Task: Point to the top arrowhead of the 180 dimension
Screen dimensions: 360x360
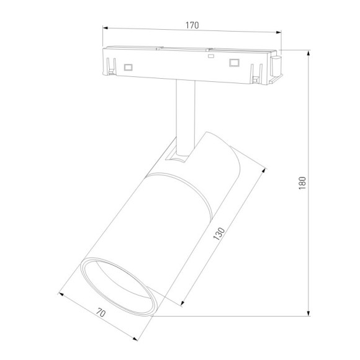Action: coord(308,54)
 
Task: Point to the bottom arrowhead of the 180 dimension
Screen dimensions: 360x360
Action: coord(308,315)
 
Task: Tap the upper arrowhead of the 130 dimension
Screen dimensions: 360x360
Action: coord(264,169)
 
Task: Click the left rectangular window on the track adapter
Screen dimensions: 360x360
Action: coord(128,66)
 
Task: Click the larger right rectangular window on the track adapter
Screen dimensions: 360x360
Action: coord(234,63)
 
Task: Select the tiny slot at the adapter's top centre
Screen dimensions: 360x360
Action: coord(211,56)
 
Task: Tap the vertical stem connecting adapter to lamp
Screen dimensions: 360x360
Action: coord(182,115)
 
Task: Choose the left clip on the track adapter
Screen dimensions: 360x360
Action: coord(112,66)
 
